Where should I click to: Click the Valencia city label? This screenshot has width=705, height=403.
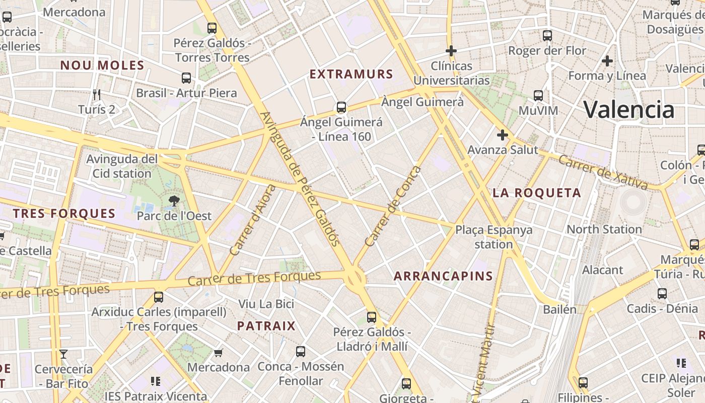(x=628, y=109)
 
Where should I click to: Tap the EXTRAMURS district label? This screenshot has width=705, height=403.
(x=351, y=74)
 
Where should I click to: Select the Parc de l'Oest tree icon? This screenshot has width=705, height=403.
(x=174, y=201)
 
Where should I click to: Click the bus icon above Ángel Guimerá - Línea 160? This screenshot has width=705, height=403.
(x=341, y=107)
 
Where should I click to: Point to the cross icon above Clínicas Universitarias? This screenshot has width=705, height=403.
(x=451, y=51)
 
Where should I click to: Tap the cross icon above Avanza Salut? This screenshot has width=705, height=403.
(x=502, y=135)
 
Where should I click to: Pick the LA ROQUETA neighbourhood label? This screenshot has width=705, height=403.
(x=537, y=192)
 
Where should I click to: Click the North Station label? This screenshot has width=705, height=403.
(x=604, y=229)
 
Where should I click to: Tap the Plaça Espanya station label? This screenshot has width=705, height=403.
(x=493, y=237)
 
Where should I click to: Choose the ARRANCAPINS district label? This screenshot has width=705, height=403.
(x=443, y=276)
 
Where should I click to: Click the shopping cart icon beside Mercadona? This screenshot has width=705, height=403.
(x=219, y=353)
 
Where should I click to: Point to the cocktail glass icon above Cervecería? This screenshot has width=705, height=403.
(x=63, y=354)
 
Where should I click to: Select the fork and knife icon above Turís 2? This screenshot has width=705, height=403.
(x=97, y=94)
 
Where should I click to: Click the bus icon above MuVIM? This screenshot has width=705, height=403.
(x=538, y=95)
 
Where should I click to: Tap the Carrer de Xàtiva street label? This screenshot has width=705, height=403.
(x=603, y=173)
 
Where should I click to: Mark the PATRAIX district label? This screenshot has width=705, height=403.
(x=266, y=326)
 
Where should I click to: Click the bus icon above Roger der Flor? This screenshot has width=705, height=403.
(x=547, y=36)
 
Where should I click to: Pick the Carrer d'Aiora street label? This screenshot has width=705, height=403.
(x=252, y=220)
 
